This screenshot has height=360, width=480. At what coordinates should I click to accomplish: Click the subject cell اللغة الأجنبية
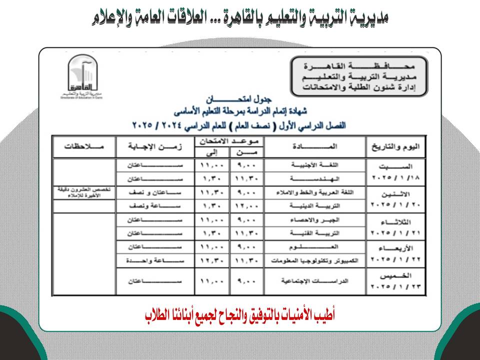[x=315, y=164]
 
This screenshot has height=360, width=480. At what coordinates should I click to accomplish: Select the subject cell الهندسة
[x=315, y=178]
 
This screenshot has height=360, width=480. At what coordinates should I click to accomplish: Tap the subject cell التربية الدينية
[x=315, y=206]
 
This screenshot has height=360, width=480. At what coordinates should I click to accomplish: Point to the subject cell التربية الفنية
[x=315, y=233]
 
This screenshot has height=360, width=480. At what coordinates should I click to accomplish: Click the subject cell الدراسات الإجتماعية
[x=315, y=282]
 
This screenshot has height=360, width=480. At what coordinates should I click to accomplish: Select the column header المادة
[x=315, y=146]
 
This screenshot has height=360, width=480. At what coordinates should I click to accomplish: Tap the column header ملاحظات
[x=84, y=146]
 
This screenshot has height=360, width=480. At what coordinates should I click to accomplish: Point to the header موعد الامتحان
[x=229, y=140]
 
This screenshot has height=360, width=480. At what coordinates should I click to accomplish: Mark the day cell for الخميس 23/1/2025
[x=396, y=282]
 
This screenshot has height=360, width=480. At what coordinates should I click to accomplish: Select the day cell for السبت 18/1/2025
[x=396, y=171]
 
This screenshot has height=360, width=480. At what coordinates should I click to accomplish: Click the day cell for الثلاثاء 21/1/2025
[x=396, y=226]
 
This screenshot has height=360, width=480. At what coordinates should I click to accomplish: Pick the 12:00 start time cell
[x=246, y=206]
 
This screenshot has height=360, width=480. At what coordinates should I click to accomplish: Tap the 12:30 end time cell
[x=211, y=261]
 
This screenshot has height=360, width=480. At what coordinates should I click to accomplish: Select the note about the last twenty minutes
[x=84, y=192]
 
